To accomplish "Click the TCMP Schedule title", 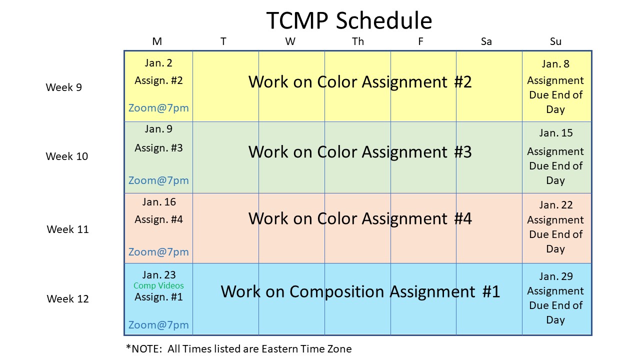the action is (349, 20).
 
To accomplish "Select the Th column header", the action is (357, 41).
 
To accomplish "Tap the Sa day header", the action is (486, 41).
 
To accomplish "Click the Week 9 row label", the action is (63, 87).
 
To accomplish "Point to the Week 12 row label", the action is (67, 299).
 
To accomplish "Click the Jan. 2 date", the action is (158, 63).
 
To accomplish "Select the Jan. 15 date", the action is (555, 133).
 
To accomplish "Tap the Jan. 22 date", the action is (555, 205).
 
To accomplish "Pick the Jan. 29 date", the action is (555, 276).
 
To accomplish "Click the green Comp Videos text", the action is (158, 285).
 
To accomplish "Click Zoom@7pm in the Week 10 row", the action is (158, 180).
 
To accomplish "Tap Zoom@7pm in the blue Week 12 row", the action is (158, 325).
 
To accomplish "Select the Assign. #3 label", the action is (158, 148).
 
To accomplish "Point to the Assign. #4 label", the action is (158, 219).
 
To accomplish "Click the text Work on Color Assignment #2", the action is (360, 82).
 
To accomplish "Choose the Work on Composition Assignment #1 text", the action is (360, 292).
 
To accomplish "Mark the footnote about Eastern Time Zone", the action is (239, 349).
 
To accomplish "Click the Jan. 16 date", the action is (159, 202).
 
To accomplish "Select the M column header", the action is (157, 41).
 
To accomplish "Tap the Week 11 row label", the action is (67, 229).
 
